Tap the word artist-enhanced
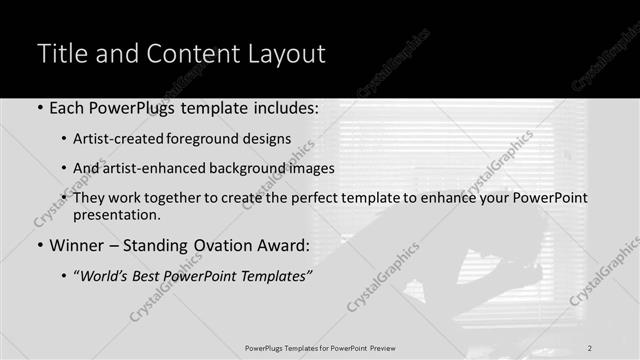154,168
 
